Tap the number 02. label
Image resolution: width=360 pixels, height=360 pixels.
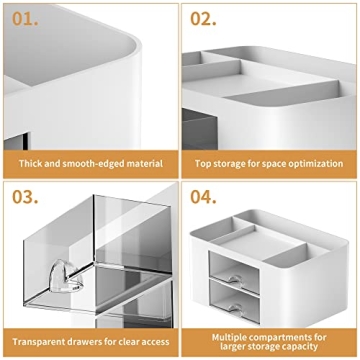[x=203, y=17]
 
